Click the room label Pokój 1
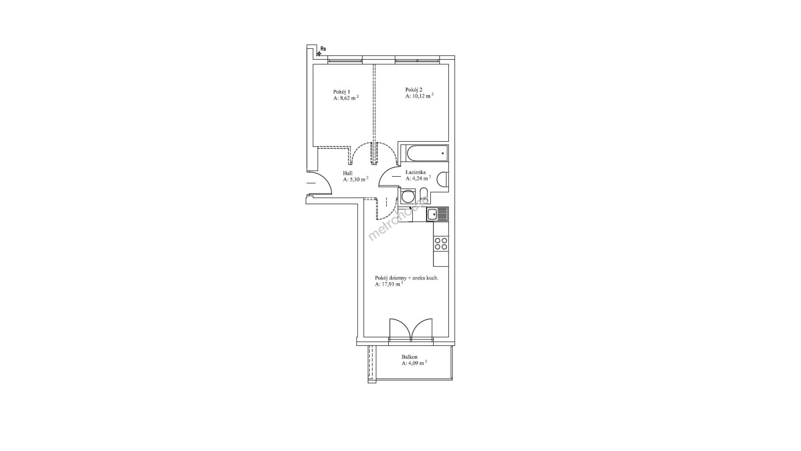[x=341, y=92]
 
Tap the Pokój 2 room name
[x=414, y=89]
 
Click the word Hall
[x=348, y=173]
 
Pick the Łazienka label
[x=415, y=172]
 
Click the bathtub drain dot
[x=442, y=153]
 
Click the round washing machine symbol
[x=407, y=195]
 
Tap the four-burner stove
[x=441, y=243]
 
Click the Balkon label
[x=409, y=357]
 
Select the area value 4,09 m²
[x=414, y=363]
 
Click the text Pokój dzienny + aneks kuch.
[x=407, y=278]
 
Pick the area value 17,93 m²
[x=389, y=284]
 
